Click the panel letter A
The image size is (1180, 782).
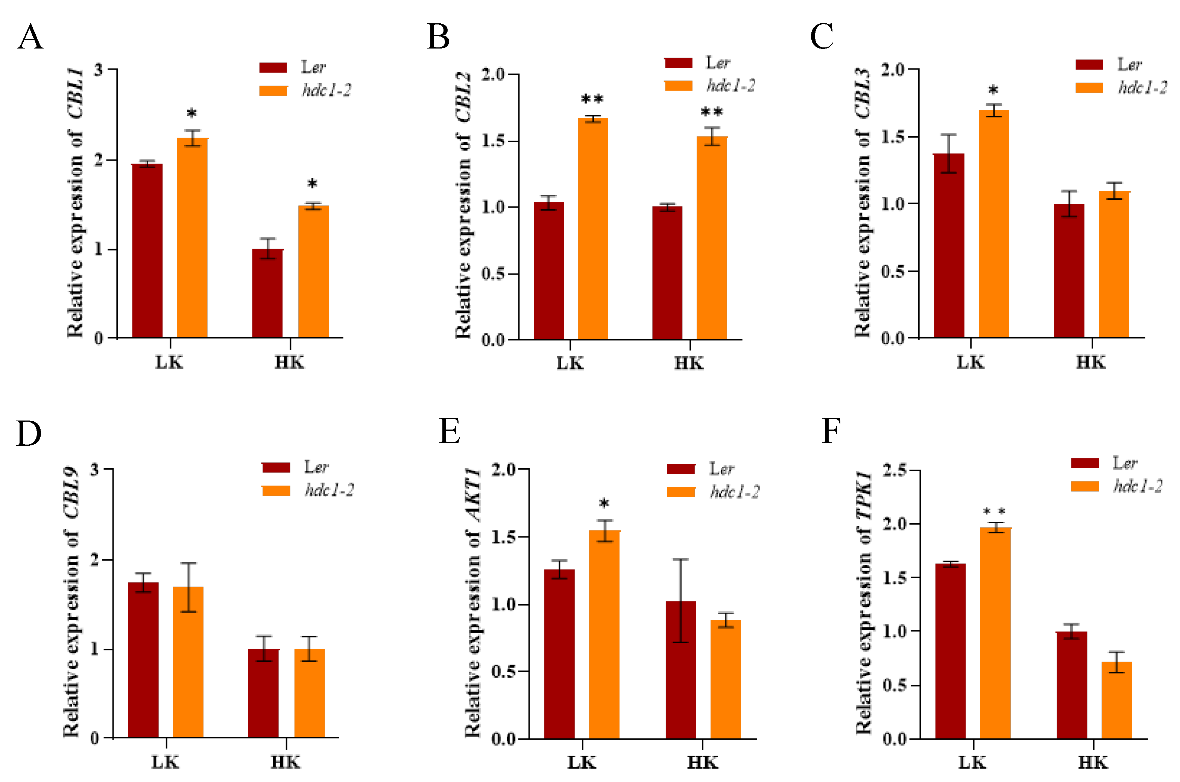tap(30, 37)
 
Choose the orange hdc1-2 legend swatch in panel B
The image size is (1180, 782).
tap(678, 86)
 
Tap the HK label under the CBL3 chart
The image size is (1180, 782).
tap(1091, 363)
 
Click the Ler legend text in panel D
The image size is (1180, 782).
tap(316, 467)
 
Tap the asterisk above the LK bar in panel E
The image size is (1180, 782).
tap(604, 504)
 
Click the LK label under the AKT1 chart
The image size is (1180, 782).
tap(582, 763)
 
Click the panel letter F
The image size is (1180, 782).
tap(831, 431)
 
